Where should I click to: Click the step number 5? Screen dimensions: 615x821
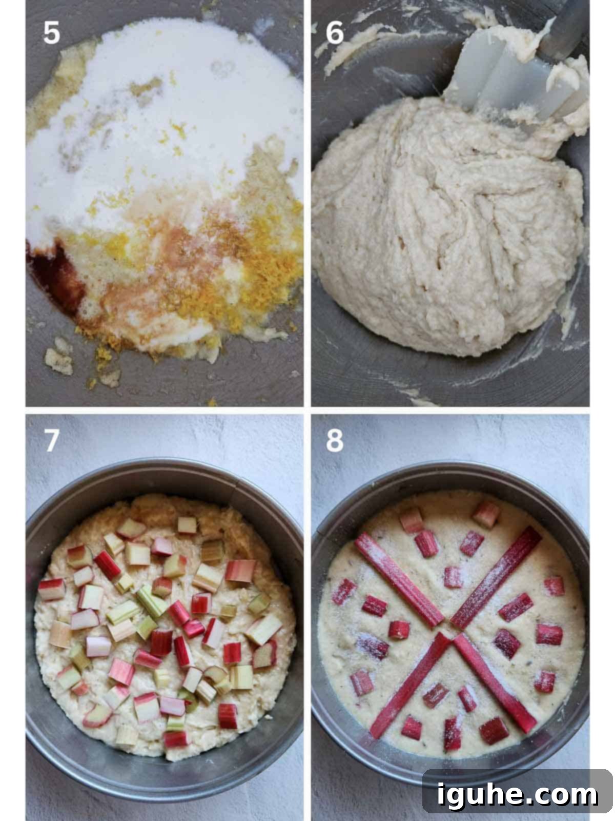(x=52, y=32)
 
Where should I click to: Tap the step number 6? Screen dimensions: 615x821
(x=335, y=32)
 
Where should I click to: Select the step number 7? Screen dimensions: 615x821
(x=52, y=440)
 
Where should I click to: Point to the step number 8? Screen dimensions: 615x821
(x=335, y=440)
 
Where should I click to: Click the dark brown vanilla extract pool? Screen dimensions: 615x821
(x=56, y=273)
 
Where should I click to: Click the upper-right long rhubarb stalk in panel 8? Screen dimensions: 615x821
(x=497, y=578)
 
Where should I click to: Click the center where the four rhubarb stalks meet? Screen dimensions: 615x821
(x=449, y=631)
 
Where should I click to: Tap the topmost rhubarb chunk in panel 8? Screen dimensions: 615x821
(x=486, y=514)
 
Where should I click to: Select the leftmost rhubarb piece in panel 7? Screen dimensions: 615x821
(x=52, y=590)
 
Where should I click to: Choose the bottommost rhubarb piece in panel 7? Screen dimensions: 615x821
(x=175, y=739)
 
